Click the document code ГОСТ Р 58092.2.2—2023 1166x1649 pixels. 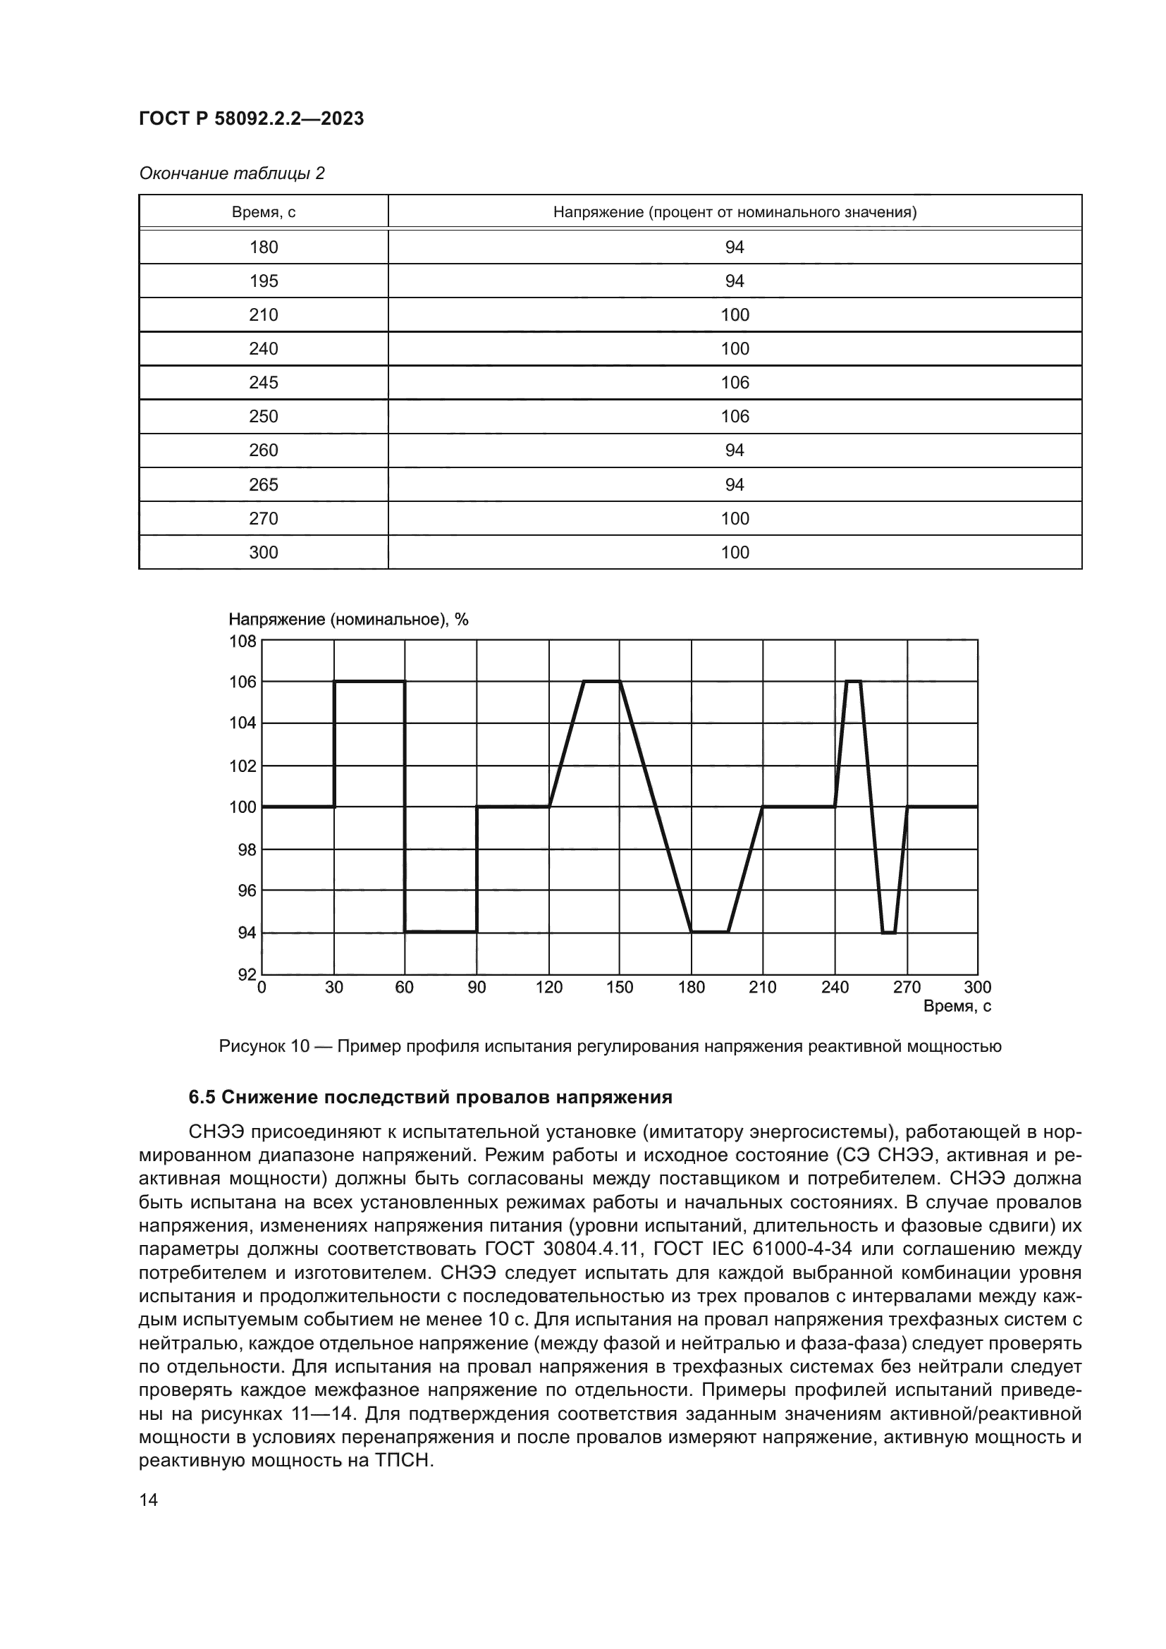251,118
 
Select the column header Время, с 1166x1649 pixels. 264,213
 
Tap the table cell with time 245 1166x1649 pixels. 264,383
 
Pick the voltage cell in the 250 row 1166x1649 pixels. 735,417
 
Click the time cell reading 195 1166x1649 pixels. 264,281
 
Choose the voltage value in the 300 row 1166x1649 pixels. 735,552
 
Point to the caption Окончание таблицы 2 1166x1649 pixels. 231,173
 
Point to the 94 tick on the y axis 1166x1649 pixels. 247,933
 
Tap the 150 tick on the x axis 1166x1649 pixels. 620,988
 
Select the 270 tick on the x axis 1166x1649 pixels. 907,988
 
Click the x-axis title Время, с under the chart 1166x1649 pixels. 957,1006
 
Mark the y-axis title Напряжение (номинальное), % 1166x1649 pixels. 348,619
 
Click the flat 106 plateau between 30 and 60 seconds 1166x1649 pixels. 369,681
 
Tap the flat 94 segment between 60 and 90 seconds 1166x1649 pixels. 441,931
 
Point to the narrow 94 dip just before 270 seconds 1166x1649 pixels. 889,932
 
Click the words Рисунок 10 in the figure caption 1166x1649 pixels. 264,1046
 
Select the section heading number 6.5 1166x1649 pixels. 202,1098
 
